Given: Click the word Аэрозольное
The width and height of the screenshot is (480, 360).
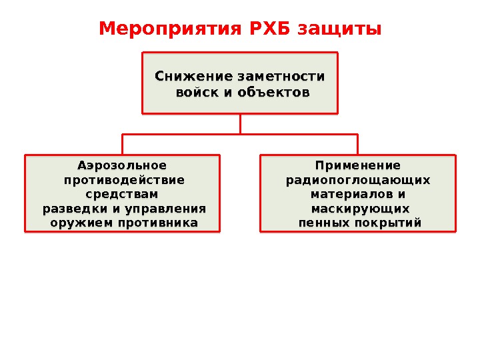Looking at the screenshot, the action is click(123, 165).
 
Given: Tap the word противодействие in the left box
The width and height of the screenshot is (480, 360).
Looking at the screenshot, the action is click(124, 180).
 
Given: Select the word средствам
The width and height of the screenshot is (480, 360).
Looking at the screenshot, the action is click(123, 194).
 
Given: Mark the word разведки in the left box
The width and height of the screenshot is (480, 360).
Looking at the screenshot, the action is click(71, 209).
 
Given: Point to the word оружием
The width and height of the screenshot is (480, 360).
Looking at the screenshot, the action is click(81, 223).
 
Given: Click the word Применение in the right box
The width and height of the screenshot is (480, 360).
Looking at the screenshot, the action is click(358, 165).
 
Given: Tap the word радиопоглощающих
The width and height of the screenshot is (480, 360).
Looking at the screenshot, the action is click(358, 180).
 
